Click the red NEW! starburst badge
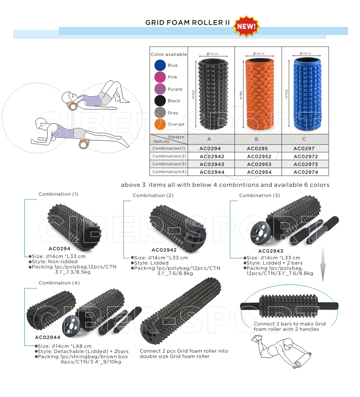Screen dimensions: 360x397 pyautogui.click(x=247, y=26)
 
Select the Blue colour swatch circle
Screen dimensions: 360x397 pyautogui.click(x=160, y=65)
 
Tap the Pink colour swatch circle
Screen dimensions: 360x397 pyautogui.click(x=160, y=77)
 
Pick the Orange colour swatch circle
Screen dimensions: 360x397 pyautogui.click(x=160, y=124)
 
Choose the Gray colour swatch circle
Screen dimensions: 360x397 pyautogui.click(x=160, y=113)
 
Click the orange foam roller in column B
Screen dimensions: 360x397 pyautogui.click(x=259, y=94)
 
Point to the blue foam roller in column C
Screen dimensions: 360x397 pyautogui.click(x=307, y=94)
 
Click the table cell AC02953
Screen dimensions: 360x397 pyautogui.click(x=259, y=164)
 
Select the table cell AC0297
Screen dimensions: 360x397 pyautogui.click(x=304, y=149)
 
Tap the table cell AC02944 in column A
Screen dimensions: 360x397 pyautogui.click(x=212, y=172)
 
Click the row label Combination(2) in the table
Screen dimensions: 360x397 pyautogui.click(x=169, y=156)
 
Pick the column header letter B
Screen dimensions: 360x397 pyautogui.click(x=256, y=139)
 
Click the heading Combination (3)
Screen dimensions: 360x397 pyautogui.click(x=260, y=195)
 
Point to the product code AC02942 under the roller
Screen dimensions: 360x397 pyautogui.click(x=164, y=250)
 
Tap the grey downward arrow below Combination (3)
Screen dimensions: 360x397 pyautogui.click(x=323, y=263)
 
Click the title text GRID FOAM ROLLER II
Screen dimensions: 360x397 pyautogui.click(x=187, y=23)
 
